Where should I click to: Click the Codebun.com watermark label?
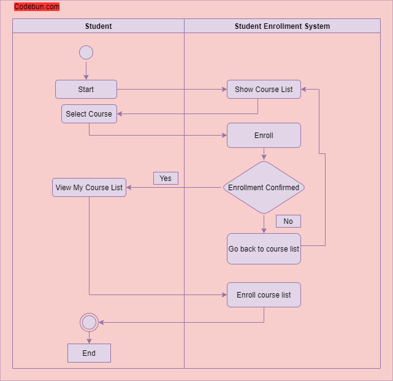[37, 7]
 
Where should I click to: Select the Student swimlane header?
[98, 26]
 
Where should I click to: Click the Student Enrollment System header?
[282, 26]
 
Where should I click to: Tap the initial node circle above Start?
[86, 53]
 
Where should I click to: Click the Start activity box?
[86, 90]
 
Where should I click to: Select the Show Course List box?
[264, 90]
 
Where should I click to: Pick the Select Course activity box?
[89, 114]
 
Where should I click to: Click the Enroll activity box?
[264, 136]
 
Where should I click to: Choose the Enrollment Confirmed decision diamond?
[264, 188]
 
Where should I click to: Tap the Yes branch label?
[166, 179]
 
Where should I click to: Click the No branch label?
[288, 221]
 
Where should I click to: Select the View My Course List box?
[89, 188]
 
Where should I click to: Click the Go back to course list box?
[264, 249]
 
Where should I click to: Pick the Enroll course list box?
[264, 295]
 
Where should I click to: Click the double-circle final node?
[89, 322]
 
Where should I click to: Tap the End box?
[89, 353]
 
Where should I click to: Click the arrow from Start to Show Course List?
[172, 90]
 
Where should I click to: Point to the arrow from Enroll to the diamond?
[264, 154]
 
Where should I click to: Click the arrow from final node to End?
[89, 337]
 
